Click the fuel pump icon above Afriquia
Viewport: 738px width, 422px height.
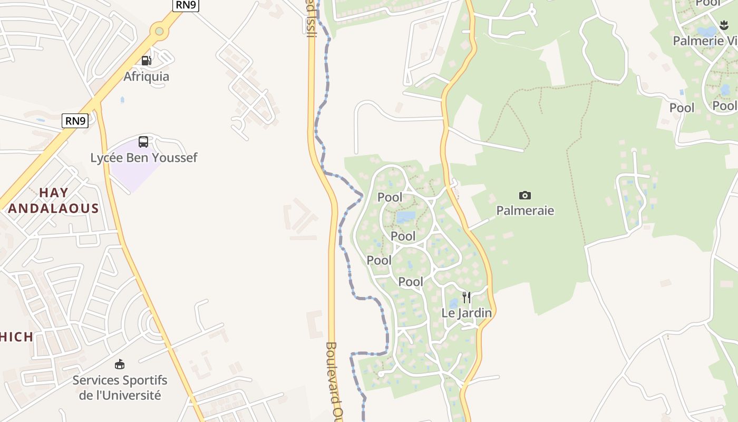(146, 61)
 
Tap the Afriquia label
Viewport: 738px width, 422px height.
(146, 76)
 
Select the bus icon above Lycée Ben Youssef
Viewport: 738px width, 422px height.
(143, 141)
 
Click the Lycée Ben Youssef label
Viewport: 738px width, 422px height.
(143, 158)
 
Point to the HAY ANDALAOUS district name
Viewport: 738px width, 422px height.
(54, 200)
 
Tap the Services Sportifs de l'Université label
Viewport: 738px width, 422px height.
(120, 388)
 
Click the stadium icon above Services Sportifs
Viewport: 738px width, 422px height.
(120, 364)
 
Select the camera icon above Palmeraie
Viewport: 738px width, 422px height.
(525, 195)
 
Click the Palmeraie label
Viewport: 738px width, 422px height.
(525, 211)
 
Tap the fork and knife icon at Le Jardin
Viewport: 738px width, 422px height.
(467, 298)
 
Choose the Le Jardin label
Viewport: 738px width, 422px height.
(467, 313)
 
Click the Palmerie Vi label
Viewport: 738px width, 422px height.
(705, 41)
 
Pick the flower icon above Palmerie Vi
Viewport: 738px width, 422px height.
(724, 25)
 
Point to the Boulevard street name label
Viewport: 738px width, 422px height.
(337, 380)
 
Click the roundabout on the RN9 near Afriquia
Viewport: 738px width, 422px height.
(159, 32)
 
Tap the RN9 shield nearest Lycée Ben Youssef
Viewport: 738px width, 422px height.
(75, 121)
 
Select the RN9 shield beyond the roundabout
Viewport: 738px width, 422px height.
(186, 5)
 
